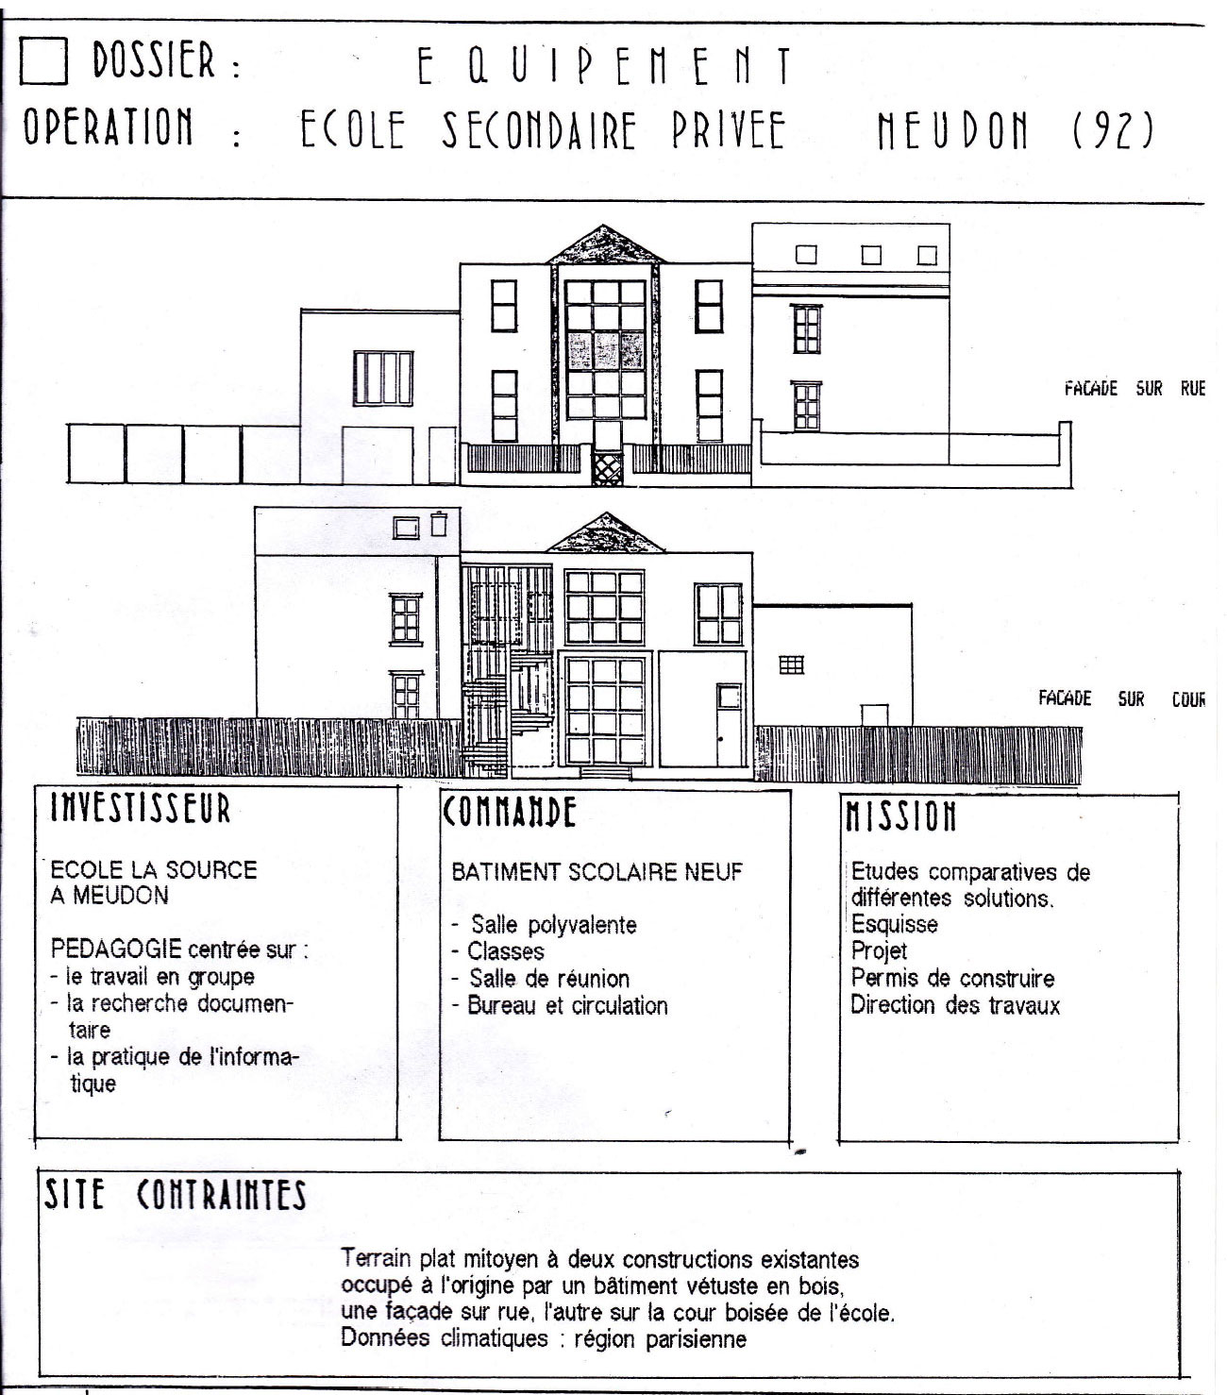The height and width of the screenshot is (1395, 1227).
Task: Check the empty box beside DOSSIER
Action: coord(43,60)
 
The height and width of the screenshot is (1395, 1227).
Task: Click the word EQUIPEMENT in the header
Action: coord(605,66)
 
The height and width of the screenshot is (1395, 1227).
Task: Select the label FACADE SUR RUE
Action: coord(1135,388)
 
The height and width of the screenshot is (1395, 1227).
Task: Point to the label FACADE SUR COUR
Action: coord(1121,698)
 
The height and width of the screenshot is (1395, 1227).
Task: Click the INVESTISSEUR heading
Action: coord(141,808)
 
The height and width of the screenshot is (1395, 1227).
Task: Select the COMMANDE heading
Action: coord(509,812)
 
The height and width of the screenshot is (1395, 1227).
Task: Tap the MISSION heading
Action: coord(900,815)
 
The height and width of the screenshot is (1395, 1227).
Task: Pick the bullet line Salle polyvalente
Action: coord(544,925)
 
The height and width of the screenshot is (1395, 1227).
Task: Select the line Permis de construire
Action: coord(952,978)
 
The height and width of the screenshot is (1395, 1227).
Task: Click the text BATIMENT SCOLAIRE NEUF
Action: coord(597,872)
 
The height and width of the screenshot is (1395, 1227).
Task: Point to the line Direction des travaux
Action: coord(955,1004)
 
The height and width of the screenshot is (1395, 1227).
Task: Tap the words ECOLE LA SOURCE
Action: coord(154,869)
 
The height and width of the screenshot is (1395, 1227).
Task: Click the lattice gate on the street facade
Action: coord(607,468)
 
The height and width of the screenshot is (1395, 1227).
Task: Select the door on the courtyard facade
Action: coord(729,724)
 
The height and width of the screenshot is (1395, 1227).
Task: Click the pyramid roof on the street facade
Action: coord(605,245)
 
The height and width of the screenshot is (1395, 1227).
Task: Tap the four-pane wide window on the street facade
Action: coord(383,378)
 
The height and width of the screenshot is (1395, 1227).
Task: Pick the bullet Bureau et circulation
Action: coord(560,1005)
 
